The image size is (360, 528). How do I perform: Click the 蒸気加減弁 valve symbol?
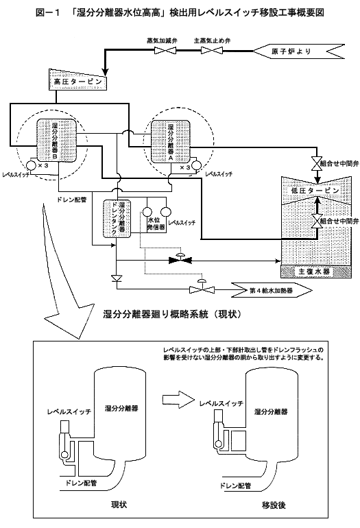[x=165, y=51]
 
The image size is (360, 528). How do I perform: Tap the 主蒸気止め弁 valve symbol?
[x=212, y=51]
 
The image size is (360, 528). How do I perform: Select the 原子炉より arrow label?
[x=298, y=51]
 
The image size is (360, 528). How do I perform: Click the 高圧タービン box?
[x=77, y=81]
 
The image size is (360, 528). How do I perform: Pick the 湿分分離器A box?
[x=171, y=141]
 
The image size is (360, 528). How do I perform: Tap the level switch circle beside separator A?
[x=196, y=166]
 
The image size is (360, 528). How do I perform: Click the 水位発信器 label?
[x=156, y=224]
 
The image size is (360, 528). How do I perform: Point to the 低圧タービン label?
[x=315, y=191]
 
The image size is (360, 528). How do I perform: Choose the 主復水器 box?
[x=316, y=272]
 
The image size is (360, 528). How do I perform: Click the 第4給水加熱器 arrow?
[x=271, y=290]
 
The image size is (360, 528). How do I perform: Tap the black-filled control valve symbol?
[x=180, y=260]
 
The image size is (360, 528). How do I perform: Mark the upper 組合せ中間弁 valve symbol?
[x=317, y=164]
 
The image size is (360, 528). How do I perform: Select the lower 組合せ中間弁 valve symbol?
[x=317, y=221]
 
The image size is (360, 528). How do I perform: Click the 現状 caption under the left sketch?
[x=119, y=505]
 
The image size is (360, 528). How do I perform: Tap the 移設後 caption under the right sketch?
[x=274, y=505]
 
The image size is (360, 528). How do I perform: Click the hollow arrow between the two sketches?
[x=178, y=400]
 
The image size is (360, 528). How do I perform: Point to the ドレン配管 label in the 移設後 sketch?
[x=236, y=485]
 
